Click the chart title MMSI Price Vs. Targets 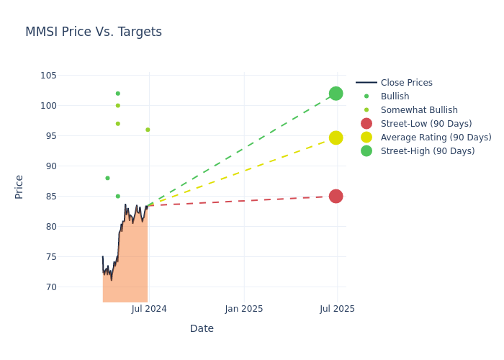[94, 32]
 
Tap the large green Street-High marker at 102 [336, 94]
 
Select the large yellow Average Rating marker [336, 138]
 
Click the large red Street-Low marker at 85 [336, 197]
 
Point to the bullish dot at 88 [107, 179]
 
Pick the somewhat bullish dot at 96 [148, 130]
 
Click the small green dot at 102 [118, 94]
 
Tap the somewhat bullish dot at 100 [118, 106]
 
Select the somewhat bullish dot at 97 [118, 124]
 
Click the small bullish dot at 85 [118, 197]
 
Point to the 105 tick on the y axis [49, 76]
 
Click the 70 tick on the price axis [51, 287]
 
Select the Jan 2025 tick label [244, 309]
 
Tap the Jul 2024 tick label [149, 309]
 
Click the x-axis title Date [202, 329]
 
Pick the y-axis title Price [19, 186]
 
